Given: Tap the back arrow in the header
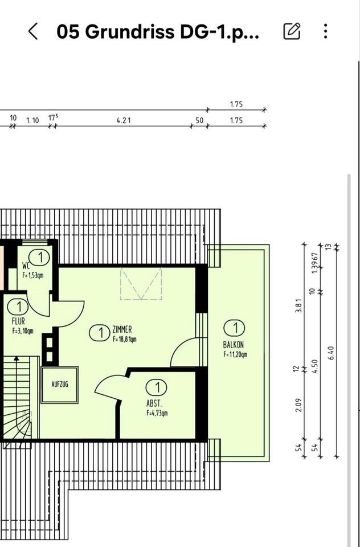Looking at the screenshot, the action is pyautogui.click(x=33, y=31).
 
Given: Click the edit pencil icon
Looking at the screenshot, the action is pyautogui.click(x=292, y=31).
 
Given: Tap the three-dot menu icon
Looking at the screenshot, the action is pyautogui.click(x=325, y=31).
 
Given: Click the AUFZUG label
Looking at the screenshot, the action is pyautogui.click(x=60, y=385).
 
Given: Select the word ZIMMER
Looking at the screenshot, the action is pyautogui.click(x=122, y=329).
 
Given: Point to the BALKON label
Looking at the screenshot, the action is pyautogui.click(x=234, y=345).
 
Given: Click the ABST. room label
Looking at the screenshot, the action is pyautogui.click(x=154, y=405).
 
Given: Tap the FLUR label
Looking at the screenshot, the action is pyautogui.click(x=18, y=321).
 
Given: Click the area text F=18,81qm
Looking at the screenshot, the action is pyautogui.click(x=124, y=338).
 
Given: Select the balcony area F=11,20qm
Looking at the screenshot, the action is pyautogui.click(x=235, y=355).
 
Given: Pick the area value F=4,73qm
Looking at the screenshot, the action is pyautogui.click(x=157, y=414).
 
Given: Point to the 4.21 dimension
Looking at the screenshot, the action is pyautogui.click(x=124, y=121).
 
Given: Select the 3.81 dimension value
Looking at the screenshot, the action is pyautogui.click(x=298, y=306).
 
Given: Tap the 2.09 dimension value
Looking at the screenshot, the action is pyautogui.click(x=298, y=405).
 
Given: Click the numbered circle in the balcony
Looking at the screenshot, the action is pyautogui.click(x=235, y=328).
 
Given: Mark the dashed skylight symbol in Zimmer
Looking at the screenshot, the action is pyautogui.click(x=141, y=283).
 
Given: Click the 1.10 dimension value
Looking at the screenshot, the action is pyautogui.click(x=32, y=121).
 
